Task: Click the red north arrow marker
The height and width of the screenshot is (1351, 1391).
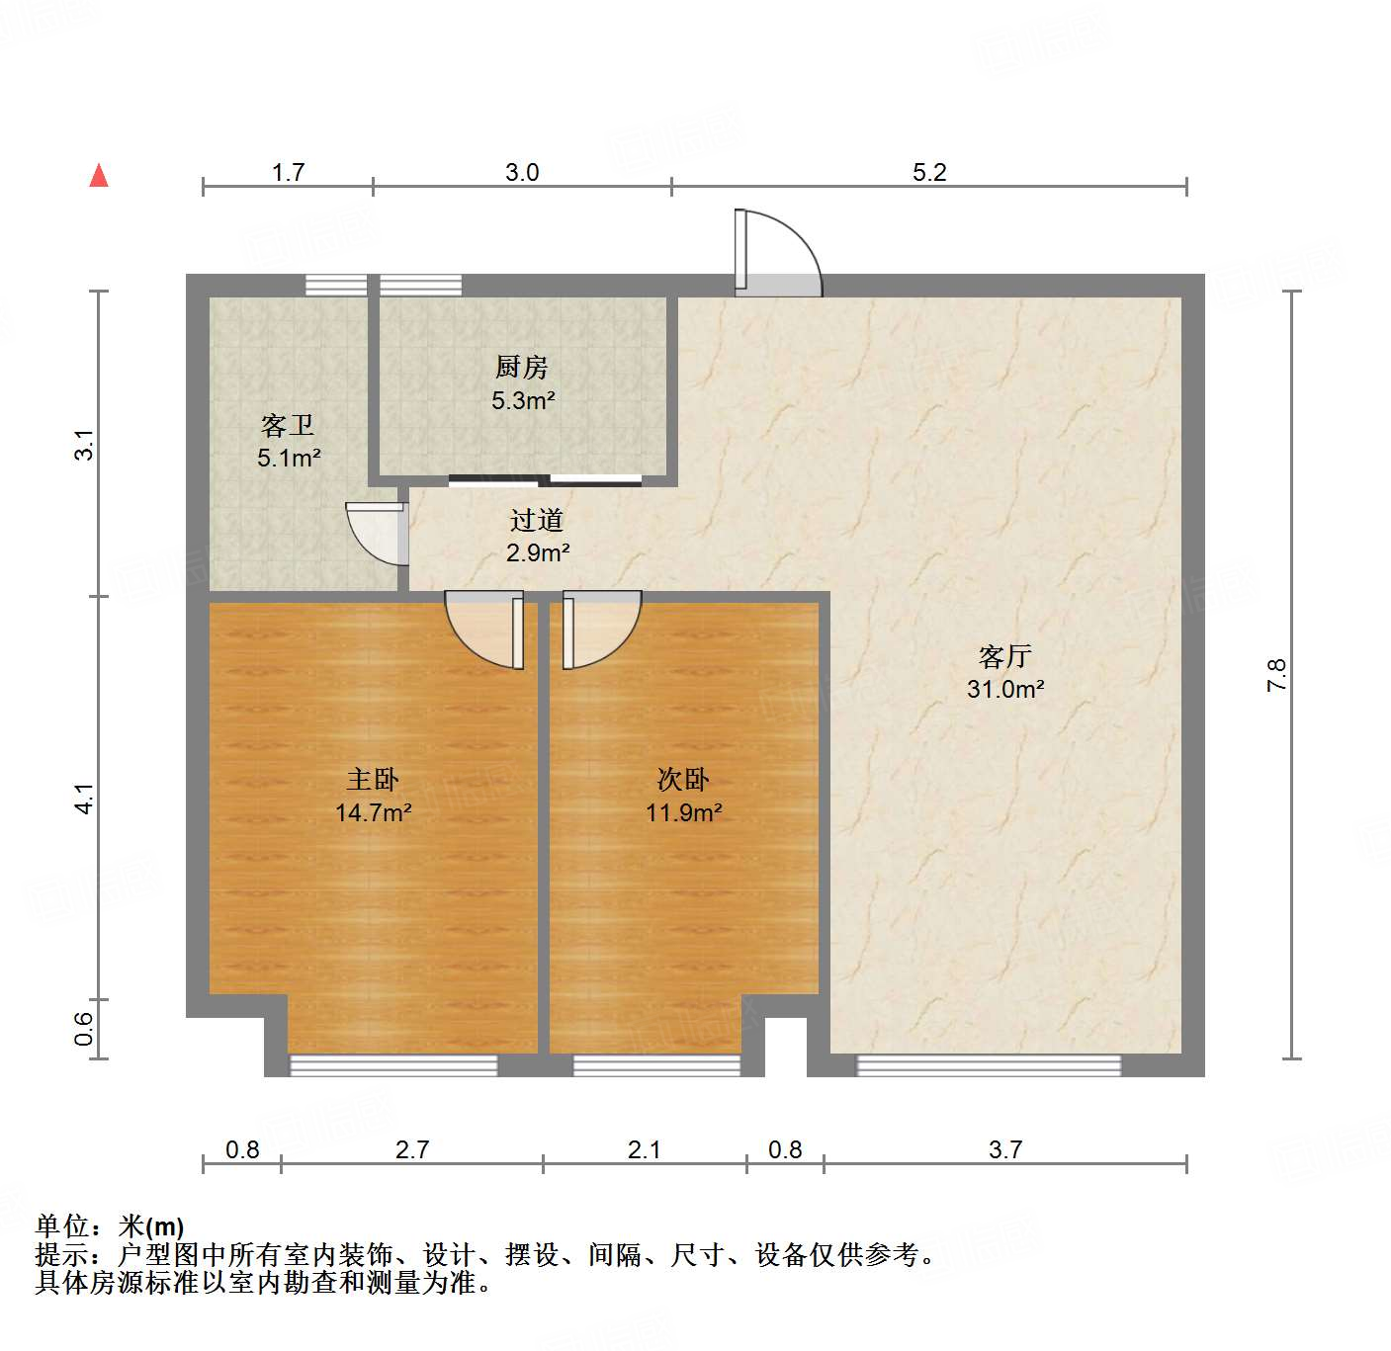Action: [x=99, y=176]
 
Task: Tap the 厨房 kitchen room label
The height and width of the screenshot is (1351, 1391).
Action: [x=521, y=368]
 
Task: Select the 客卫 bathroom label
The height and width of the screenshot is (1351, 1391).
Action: [x=288, y=426]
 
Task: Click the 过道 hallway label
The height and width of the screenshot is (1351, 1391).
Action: [x=537, y=520]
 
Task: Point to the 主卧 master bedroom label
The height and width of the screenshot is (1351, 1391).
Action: [x=373, y=780]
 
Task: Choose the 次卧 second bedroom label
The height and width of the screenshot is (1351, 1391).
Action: [x=683, y=780]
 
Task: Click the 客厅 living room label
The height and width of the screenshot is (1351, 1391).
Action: [x=1005, y=656]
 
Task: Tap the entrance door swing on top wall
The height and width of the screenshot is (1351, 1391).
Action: [x=778, y=253]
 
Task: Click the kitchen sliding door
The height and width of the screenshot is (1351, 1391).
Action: [x=545, y=481]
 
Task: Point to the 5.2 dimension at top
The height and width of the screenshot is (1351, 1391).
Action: [x=929, y=173]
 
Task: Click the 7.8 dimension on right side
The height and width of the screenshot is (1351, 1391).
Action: [x=1276, y=675]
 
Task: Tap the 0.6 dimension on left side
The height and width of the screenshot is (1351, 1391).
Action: [x=85, y=1029]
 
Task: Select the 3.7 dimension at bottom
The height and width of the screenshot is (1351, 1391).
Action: [x=1005, y=1149]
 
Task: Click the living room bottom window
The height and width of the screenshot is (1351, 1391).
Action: [x=989, y=1065]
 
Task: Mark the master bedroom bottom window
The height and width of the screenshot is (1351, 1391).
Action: [x=393, y=1065]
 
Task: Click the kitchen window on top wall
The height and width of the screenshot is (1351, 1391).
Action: [x=420, y=286]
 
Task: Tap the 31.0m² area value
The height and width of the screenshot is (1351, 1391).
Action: [x=1005, y=689]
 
